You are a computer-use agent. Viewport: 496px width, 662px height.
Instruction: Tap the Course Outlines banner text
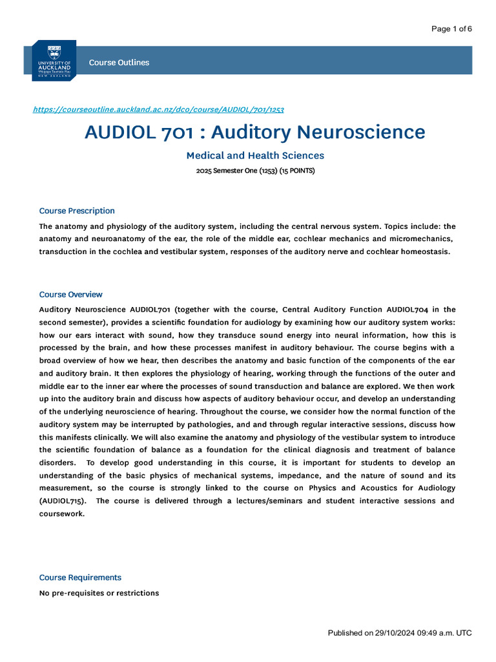coord(119,63)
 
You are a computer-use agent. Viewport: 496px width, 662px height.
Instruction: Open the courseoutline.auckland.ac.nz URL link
coord(158,109)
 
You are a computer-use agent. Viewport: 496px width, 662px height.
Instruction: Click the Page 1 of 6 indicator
coord(451,28)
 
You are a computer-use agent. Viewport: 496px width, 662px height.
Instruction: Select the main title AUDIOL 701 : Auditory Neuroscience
coord(255,133)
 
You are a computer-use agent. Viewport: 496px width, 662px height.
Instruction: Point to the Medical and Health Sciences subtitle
coord(255,156)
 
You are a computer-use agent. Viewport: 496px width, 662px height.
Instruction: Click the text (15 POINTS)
coord(297,171)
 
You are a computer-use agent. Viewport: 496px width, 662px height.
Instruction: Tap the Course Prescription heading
coord(77,211)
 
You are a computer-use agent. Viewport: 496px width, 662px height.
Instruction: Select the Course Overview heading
coord(70,294)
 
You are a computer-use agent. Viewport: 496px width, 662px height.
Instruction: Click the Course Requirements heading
coord(80,577)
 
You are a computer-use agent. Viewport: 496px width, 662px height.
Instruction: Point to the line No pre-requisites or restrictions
coord(99,593)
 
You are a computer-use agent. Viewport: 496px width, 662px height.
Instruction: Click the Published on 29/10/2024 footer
coord(400,633)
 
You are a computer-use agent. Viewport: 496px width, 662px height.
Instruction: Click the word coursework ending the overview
coord(61,514)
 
